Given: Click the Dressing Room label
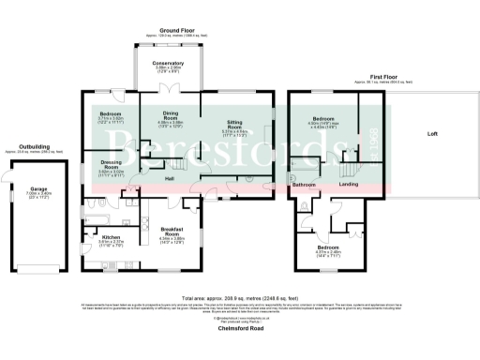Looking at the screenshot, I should (112, 164).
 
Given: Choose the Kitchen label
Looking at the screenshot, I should (112, 237).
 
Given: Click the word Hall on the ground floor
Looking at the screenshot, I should (170, 178).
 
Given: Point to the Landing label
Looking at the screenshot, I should (348, 185).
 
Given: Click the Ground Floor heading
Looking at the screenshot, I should (169, 31).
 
